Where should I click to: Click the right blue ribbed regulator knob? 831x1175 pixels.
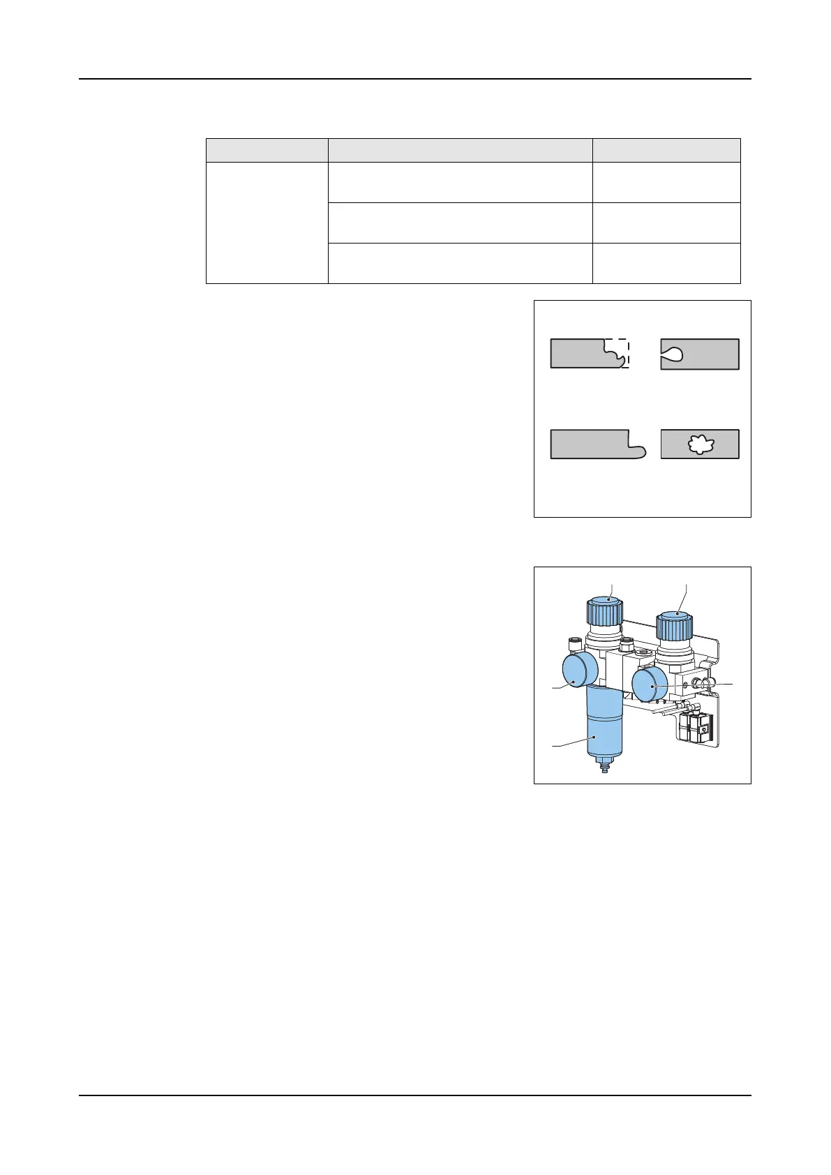pyautogui.click(x=675, y=625)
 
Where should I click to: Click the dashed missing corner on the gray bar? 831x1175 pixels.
pyautogui.click(x=617, y=353)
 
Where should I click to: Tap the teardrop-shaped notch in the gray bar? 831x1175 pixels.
pyautogui.click(x=673, y=354)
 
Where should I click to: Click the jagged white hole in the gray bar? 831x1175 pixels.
pyautogui.click(x=699, y=444)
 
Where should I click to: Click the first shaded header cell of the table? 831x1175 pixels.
pyautogui.click(x=267, y=151)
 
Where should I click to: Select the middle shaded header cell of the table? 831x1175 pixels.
pyautogui.click(x=461, y=151)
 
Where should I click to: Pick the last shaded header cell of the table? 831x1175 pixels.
pyautogui.click(x=666, y=151)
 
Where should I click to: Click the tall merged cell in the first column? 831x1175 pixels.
pyautogui.click(x=267, y=223)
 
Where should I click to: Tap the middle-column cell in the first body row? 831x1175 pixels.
pyautogui.click(x=461, y=183)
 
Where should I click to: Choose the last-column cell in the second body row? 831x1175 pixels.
pyautogui.click(x=666, y=223)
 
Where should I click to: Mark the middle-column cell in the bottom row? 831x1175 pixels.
pyautogui.click(x=461, y=263)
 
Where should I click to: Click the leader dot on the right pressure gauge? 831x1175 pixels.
pyautogui.click(x=652, y=687)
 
